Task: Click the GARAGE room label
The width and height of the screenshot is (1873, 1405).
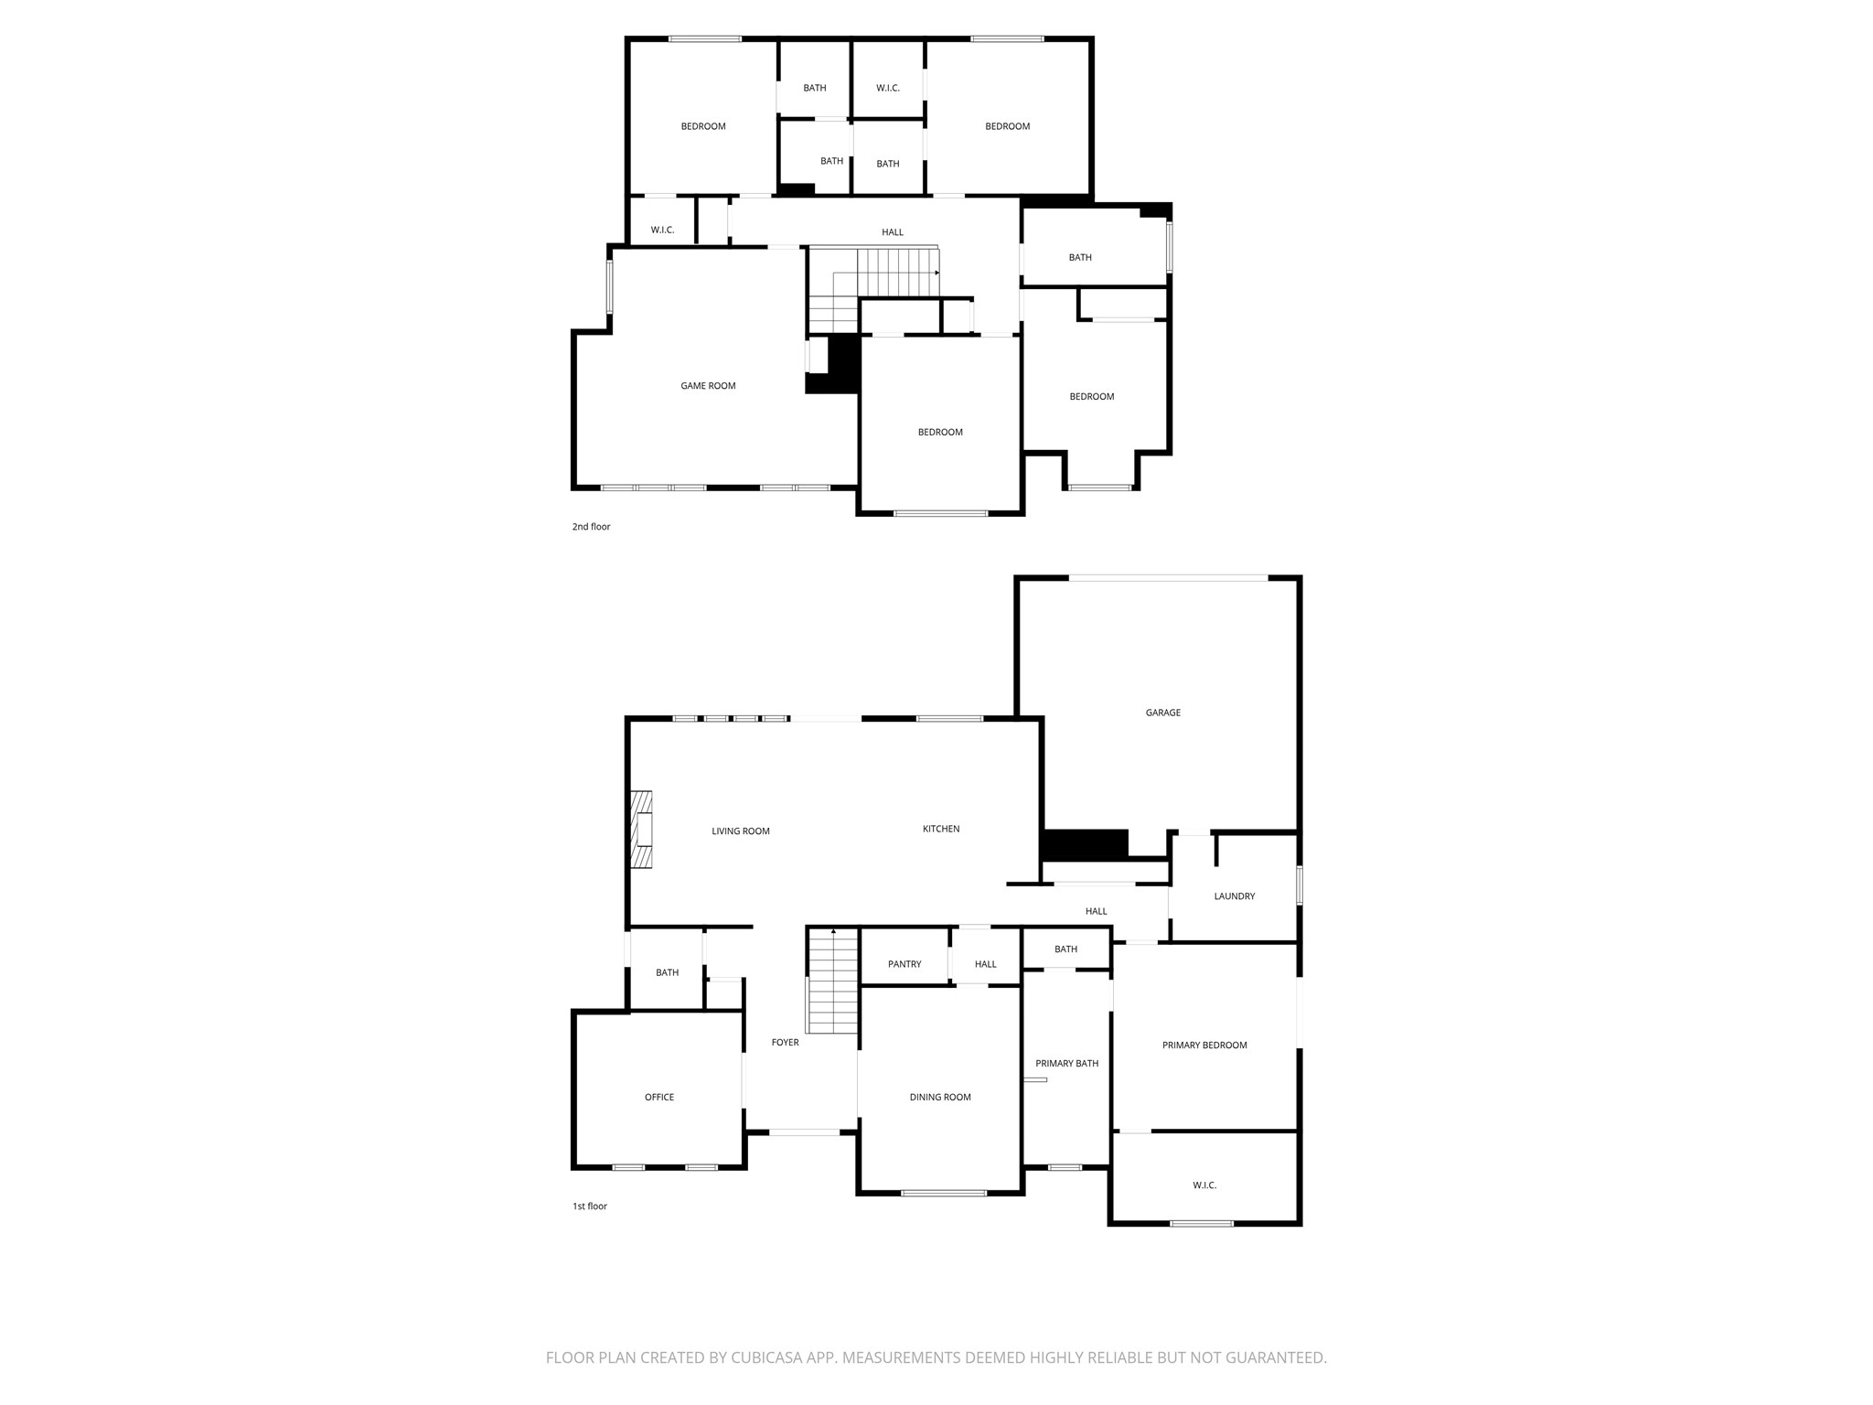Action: (x=1162, y=713)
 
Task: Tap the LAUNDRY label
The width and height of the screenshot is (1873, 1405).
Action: (x=1234, y=896)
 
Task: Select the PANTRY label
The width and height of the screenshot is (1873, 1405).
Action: (x=904, y=964)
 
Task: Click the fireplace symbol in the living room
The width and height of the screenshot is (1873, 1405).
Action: (x=641, y=830)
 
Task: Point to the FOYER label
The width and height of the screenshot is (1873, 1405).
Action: (x=785, y=1043)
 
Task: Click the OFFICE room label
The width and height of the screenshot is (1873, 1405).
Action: (x=658, y=1098)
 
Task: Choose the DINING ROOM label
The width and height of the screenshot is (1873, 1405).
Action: (x=939, y=1098)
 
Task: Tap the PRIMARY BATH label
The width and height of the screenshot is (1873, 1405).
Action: (x=1066, y=1064)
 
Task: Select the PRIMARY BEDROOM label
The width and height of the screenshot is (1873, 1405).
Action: (x=1204, y=1046)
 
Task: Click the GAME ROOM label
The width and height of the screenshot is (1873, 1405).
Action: (x=708, y=386)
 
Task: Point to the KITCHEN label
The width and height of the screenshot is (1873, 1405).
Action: (x=940, y=830)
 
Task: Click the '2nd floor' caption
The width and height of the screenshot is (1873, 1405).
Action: (x=591, y=527)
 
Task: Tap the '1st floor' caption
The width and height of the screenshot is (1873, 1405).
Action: (x=590, y=1207)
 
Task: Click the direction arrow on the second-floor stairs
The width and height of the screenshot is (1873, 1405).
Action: (x=936, y=273)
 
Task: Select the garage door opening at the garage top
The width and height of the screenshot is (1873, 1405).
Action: (x=1168, y=578)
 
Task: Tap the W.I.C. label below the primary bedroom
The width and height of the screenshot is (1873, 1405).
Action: (x=1204, y=1185)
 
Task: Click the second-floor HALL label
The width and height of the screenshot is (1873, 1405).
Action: (x=892, y=232)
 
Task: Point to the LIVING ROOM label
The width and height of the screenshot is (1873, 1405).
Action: (x=740, y=831)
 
